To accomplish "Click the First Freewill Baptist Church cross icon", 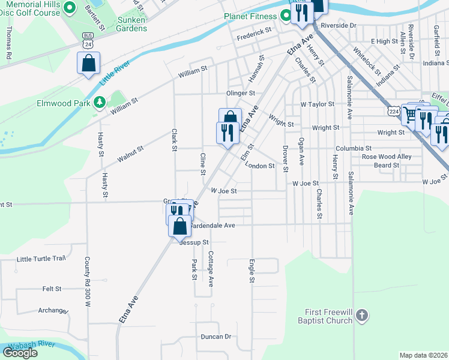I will (361, 315).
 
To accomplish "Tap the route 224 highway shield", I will (394, 112).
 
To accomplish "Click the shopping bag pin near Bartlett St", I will (88, 63).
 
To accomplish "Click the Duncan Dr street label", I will (216, 337).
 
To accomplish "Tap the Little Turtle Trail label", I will (41, 259).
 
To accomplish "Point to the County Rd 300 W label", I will (87, 282).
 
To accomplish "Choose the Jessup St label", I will (193, 242).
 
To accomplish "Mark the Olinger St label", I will (241, 93).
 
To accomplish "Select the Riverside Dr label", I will (339, 26).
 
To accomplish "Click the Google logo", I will (20, 352).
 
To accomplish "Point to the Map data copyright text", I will (424, 355).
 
